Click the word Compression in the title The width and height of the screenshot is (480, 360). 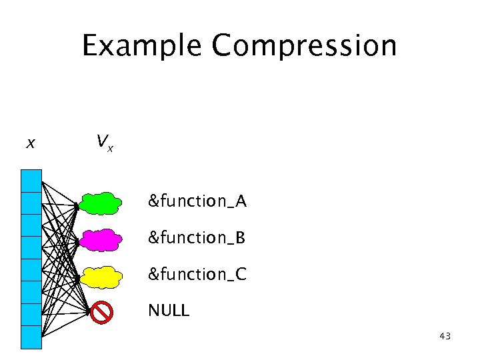[x=304, y=46]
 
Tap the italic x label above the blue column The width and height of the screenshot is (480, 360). [x=31, y=143]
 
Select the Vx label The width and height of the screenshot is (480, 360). [x=103, y=142]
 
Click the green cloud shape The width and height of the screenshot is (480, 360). [x=101, y=203]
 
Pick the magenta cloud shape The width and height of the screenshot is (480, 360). [x=101, y=239]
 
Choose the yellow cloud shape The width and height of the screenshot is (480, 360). [x=101, y=276]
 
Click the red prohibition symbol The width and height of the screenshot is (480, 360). [x=101, y=311]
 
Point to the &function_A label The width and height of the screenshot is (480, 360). [x=197, y=201]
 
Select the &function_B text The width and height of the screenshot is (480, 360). [x=197, y=237]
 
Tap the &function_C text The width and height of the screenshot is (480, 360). [x=197, y=274]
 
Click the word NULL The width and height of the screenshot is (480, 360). [x=169, y=310]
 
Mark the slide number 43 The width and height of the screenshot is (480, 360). [x=445, y=337]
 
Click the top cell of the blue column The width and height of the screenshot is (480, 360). [x=31, y=181]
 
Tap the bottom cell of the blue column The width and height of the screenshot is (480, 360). [x=31, y=337]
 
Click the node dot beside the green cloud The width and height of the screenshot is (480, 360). [x=77, y=207]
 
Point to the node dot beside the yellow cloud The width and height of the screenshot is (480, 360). [x=77, y=278]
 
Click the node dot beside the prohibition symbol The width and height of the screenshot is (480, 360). [x=88, y=310]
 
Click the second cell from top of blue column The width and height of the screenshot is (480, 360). [x=31, y=203]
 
